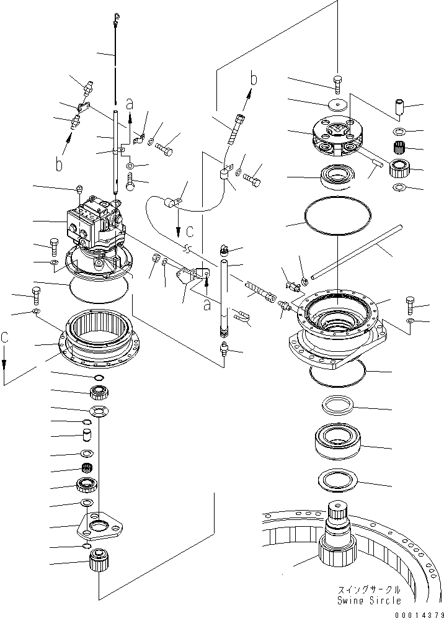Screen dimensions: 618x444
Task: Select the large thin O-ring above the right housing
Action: (x=337, y=220)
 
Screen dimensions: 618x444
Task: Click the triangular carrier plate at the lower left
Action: (x=100, y=527)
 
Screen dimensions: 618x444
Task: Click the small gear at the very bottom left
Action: (x=99, y=562)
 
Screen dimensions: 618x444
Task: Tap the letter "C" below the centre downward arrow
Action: (x=190, y=231)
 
